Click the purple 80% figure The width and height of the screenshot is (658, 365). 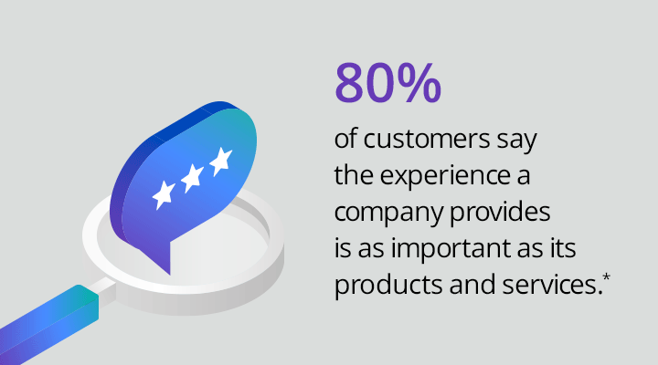pyautogui.click(x=387, y=82)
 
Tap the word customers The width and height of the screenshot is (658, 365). pyautogui.click(x=427, y=139)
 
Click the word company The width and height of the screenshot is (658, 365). pyautogui.click(x=388, y=214)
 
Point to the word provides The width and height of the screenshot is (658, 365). pyautogui.click(x=500, y=212)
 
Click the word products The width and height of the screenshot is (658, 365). pyautogui.click(x=388, y=286)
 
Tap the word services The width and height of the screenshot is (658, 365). pyautogui.click(x=551, y=285)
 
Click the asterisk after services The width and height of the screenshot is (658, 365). pyautogui.click(x=606, y=277)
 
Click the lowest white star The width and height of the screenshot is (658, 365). pyautogui.click(x=164, y=195)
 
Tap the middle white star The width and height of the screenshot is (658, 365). pyautogui.click(x=192, y=178)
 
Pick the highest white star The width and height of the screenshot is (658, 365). pyautogui.click(x=221, y=162)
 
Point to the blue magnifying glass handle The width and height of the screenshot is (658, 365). pyautogui.click(x=48, y=325)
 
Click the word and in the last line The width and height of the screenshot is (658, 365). pyautogui.click(x=472, y=285)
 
